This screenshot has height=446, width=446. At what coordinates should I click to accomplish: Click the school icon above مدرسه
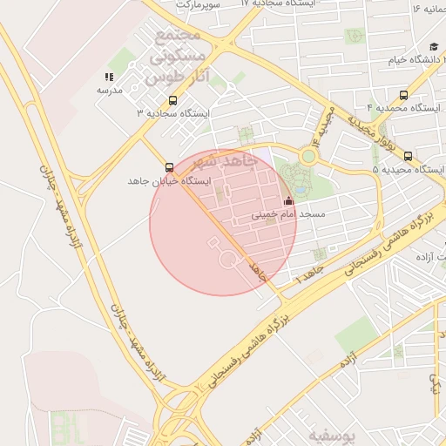pyautogui.click(x=109, y=78)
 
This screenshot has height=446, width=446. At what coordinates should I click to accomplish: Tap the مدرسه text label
pyautogui.click(x=109, y=91)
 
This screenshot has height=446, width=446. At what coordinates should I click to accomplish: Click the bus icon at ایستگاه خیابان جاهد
pyautogui.click(x=168, y=166)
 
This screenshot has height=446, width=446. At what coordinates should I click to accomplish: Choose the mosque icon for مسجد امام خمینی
pyautogui.click(x=288, y=201)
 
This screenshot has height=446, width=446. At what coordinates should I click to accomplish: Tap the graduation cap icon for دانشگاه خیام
pyautogui.click(x=434, y=48)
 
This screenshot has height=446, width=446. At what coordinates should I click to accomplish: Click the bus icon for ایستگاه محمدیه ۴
pyautogui.click(x=402, y=96)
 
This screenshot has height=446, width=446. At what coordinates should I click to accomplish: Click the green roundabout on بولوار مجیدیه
pyautogui.click(x=308, y=156)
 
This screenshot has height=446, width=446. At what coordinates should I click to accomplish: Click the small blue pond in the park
pyautogui.click(x=300, y=187)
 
